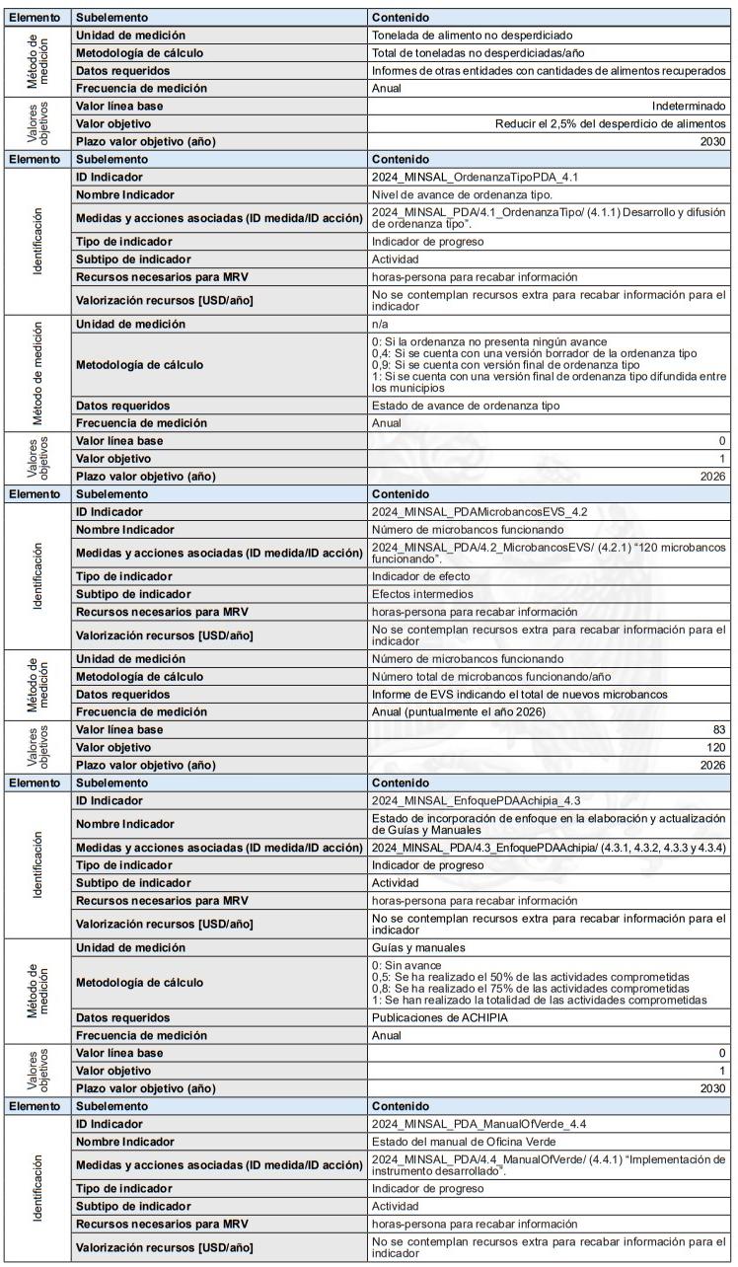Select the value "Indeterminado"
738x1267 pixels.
(x=690, y=106)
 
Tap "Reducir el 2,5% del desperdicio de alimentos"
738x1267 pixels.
(x=611, y=123)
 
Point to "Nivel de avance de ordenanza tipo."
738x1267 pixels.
(x=455, y=194)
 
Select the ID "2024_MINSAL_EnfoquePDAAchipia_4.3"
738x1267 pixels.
(x=472, y=800)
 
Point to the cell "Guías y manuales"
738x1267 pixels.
(x=417, y=948)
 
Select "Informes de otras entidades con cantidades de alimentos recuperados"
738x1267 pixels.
(x=550, y=70)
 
